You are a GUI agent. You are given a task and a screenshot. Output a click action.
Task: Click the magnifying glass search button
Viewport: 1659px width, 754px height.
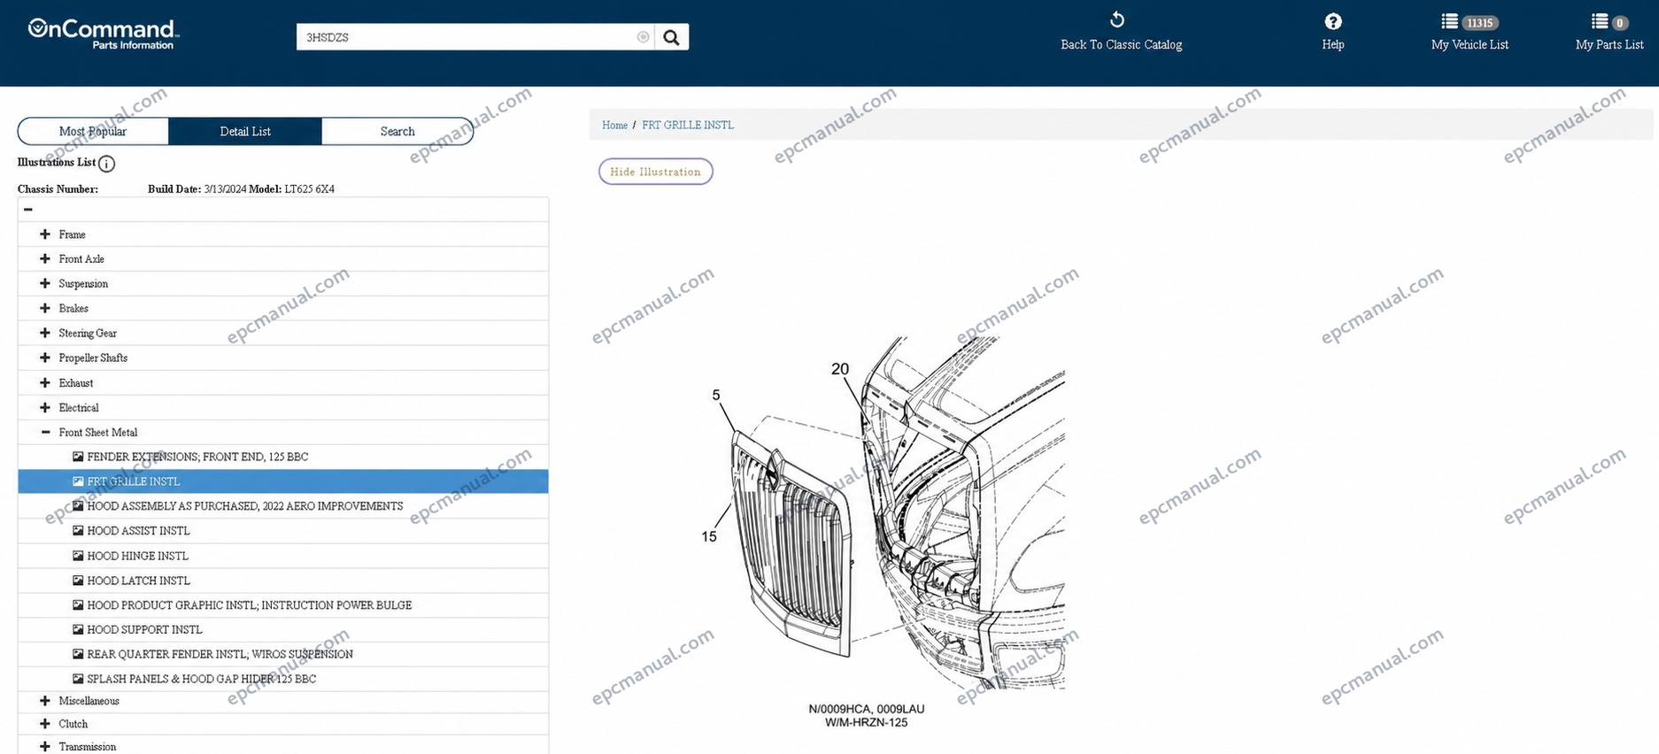click(671, 37)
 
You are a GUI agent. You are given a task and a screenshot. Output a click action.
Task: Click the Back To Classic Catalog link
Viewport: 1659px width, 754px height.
click(1121, 44)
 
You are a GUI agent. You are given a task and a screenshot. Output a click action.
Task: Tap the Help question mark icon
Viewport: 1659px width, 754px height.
click(1333, 21)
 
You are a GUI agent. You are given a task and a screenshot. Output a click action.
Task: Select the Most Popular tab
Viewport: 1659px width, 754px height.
click(93, 131)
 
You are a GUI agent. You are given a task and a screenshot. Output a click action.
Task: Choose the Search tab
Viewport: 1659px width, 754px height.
click(397, 131)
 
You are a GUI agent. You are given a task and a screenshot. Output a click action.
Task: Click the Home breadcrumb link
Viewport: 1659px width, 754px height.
click(614, 126)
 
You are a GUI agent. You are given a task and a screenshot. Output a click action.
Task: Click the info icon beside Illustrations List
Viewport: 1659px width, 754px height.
click(106, 164)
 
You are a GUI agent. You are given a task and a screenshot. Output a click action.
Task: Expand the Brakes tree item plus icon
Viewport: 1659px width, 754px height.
click(45, 308)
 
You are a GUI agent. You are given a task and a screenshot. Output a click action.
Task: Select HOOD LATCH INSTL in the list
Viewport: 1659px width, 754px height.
click(138, 581)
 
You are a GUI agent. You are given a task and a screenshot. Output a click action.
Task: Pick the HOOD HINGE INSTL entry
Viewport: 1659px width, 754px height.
click(137, 556)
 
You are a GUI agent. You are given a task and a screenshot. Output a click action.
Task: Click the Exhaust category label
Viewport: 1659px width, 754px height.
click(76, 383)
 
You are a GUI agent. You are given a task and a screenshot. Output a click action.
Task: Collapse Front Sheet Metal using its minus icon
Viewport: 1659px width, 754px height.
click(45, 432)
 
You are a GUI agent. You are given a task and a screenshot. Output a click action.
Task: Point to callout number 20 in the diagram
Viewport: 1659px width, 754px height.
click(840, 369)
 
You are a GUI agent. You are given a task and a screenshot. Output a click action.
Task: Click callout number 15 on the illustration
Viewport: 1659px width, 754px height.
click(709, 536)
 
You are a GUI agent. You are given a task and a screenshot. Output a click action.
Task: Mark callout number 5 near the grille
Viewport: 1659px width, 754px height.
click(716, 395)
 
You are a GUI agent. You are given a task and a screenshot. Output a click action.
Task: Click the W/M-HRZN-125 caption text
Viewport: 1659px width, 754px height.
click(866, 722)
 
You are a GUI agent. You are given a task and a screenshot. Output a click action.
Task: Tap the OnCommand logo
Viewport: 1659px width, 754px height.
click(104, 33)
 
